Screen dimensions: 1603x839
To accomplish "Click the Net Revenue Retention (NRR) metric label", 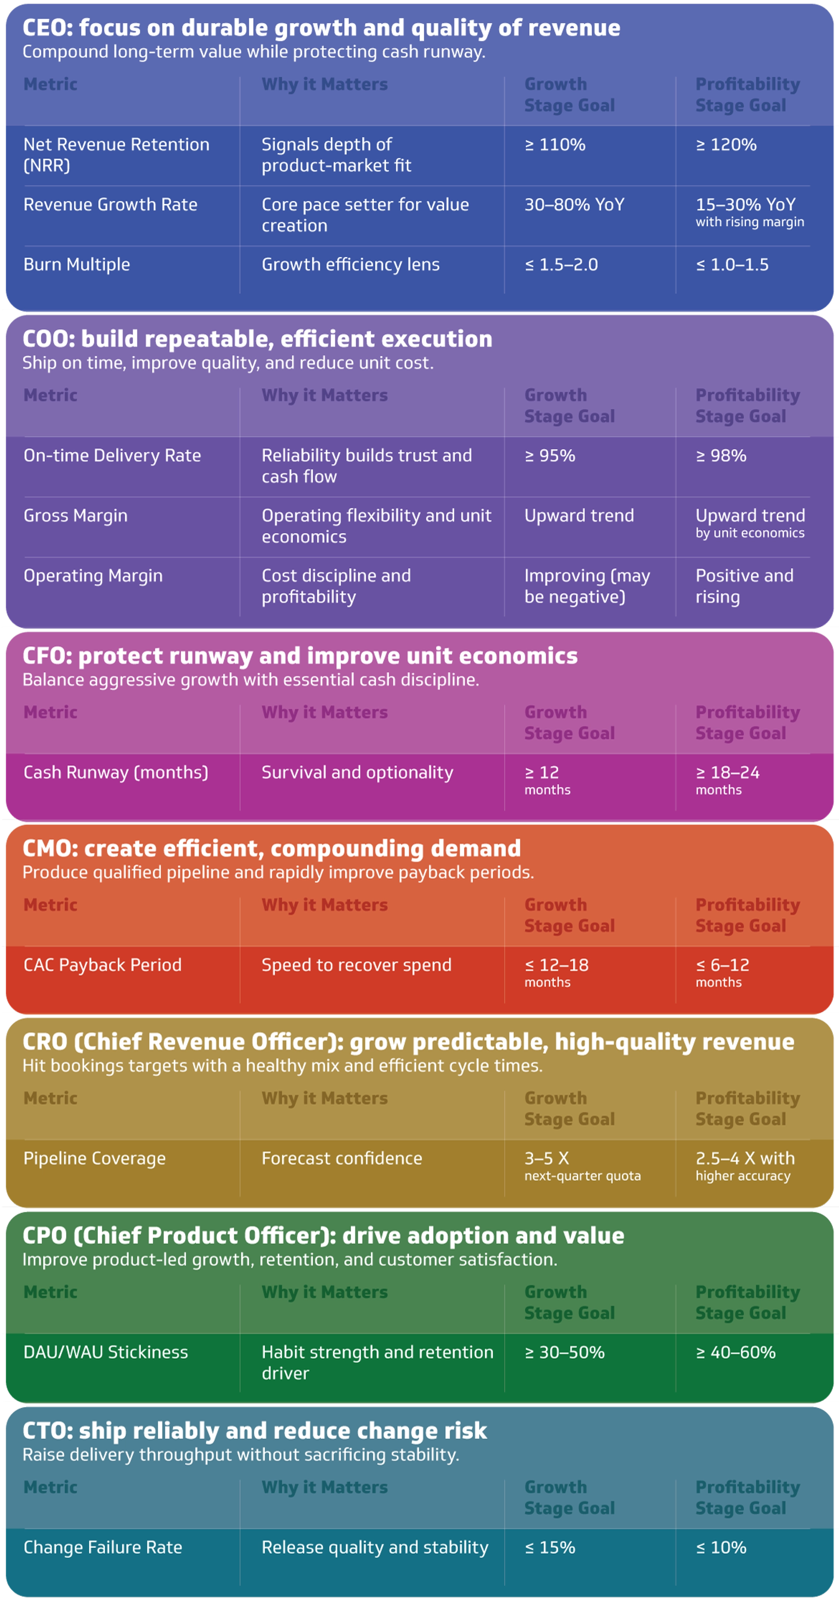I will (116, 154).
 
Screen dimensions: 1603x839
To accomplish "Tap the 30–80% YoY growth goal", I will (574, 205).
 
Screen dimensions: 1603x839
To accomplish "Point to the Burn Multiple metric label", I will (76, 264).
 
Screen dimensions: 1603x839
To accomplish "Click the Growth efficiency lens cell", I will (350, 264).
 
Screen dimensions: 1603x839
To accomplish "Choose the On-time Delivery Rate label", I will (112, 455).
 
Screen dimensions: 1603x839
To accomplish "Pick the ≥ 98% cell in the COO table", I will (721, 455).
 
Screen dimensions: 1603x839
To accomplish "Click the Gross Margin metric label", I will (75, 515).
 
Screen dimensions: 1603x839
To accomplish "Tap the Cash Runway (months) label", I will (116, 772).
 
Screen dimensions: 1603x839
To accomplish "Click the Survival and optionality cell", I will (357, 772).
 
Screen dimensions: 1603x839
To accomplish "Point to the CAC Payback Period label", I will (102, 965).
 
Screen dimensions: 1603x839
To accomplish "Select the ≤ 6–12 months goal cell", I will (722, 972).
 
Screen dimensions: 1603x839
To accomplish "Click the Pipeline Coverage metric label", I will (94, 1158).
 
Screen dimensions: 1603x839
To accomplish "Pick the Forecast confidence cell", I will (342, 1158).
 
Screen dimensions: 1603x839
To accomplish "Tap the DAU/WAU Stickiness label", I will (105, 1352).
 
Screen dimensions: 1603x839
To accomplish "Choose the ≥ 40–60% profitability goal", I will (735, 1352).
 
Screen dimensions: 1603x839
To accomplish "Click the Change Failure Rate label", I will (103, 1547).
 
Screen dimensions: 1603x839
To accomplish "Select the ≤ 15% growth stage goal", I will (550, 1547).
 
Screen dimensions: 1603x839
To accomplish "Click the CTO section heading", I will (255, 1431).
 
